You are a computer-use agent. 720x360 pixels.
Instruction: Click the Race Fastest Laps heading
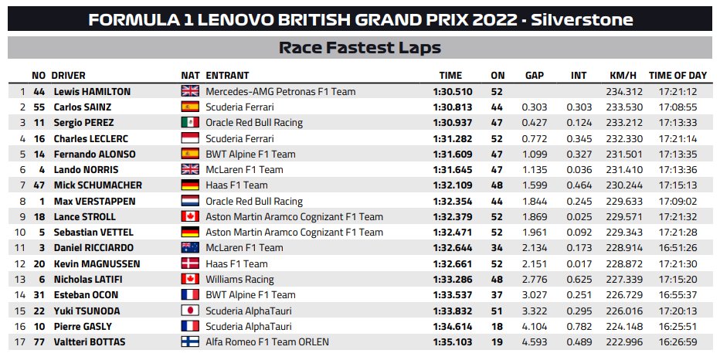click(360, 48)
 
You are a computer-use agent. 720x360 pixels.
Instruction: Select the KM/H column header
click(623, 76)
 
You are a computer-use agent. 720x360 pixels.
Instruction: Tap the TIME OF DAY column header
click(678, 76)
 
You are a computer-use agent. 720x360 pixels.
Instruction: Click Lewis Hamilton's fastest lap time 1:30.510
click(452, 91)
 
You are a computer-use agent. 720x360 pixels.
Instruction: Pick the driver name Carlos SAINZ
click(83, 107)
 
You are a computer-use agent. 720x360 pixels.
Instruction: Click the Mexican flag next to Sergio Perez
click(190, 123)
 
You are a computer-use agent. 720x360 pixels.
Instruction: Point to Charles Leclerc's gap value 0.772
click(535, 139)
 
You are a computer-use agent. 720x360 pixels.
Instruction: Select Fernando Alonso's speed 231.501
click(624, 155)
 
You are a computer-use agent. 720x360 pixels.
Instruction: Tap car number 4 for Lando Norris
click(42, 170)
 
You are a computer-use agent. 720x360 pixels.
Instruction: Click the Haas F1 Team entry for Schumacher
click(236, 185)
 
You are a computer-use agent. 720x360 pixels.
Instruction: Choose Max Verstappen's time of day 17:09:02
click(678, 201)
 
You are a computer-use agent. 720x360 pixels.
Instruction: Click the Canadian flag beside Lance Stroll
click(190, 217)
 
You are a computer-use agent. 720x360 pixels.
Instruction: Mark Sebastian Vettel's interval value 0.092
click(579, 233)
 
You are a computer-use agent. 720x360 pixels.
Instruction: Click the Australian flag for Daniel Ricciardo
click(190, 248)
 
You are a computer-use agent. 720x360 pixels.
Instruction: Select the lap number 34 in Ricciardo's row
click(497, 248)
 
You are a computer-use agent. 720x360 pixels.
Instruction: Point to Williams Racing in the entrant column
click(239, 279)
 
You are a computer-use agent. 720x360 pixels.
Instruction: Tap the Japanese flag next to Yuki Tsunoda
click(190, 311)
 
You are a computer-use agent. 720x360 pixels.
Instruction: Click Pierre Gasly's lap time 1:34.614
click(452, 327)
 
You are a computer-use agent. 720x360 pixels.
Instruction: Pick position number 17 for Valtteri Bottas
click(20, 342)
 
